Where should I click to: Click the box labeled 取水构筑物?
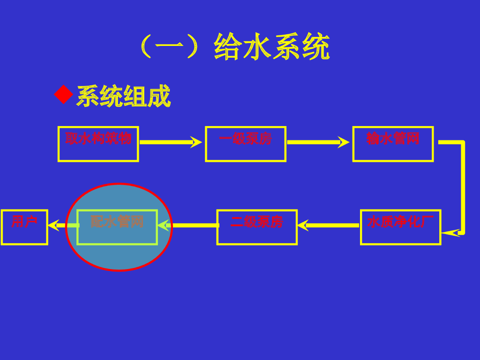click(x=98, y=144)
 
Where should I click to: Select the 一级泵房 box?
click(x=245, y=144)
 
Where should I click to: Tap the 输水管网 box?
click(x=393, y=144)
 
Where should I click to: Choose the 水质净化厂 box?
click(x=400, y=227)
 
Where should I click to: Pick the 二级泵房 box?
click(x=257, y=227)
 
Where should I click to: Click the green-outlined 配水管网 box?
click(x=117, y=227)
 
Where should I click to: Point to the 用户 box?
click(x=24, y=227)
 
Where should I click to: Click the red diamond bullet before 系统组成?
click(x=63, y=95)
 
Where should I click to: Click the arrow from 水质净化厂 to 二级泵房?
click(x=328, y=225)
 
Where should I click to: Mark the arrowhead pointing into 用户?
click(x=53, y=225)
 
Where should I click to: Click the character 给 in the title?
click(x=227, y=47)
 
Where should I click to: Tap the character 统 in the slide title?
click(x=315, y=47)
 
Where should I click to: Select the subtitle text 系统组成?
click(x=123, y=97)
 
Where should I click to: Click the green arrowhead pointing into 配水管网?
click(x=163, y=225)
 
